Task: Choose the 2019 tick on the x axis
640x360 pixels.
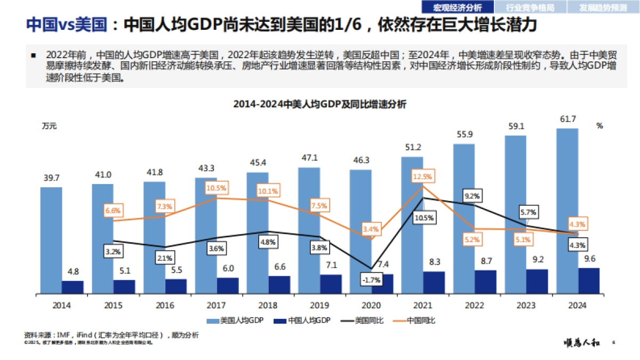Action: point(319,306)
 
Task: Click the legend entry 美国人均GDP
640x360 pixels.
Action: point(235,321)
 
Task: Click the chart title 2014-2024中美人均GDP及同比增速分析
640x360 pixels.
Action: point(319,105)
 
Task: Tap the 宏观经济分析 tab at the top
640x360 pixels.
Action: point(457,7)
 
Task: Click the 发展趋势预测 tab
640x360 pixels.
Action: point(603,7)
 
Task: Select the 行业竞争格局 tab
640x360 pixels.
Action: point(530,7)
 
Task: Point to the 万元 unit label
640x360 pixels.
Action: point(49,126)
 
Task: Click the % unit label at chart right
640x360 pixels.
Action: point(599,126)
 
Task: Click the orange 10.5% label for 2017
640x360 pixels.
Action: point(216,188)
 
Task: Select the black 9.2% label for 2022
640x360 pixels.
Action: point(472,196)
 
